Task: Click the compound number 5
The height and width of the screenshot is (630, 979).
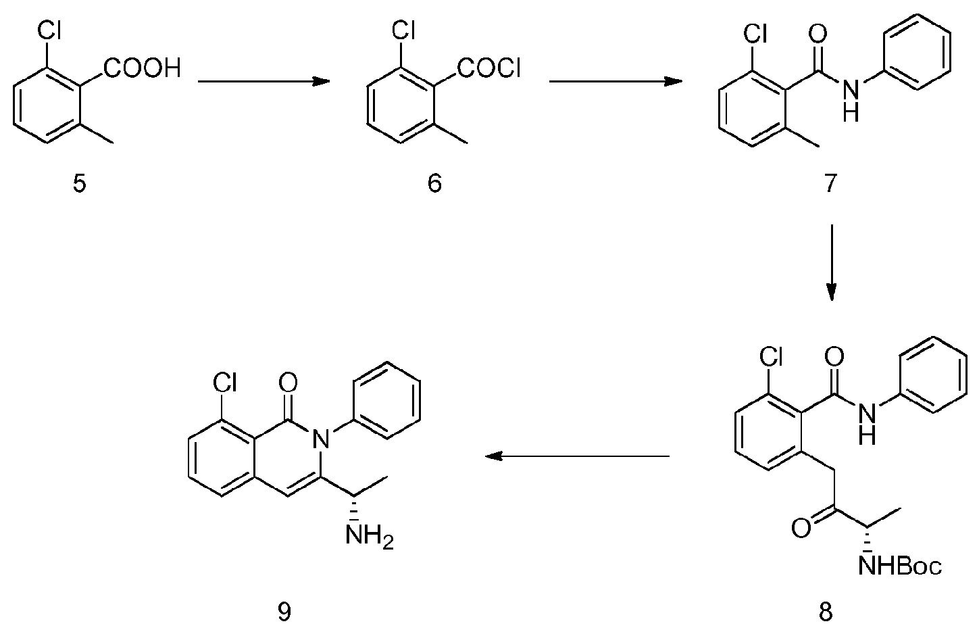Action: (x=80, y=184)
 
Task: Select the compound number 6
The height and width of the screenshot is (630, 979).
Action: (x=434, y=184)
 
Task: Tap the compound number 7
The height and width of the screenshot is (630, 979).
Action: (x=830, y=184)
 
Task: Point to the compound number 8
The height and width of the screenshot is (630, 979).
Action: (x=826, y=612)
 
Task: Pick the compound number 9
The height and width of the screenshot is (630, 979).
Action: (x=284, y=612)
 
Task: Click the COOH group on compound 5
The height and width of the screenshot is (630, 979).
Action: (x=143, y=68)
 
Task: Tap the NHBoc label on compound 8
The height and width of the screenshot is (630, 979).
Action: (x=900, y=565)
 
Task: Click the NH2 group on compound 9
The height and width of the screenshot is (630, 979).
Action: (x=369, y=537)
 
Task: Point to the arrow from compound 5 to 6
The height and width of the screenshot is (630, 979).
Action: (x=263, y=82)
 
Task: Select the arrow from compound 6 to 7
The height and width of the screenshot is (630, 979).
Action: (x=615, y=82)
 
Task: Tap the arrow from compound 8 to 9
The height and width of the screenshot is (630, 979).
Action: (x=578, y=456)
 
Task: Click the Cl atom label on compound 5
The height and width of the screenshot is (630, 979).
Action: (x=49, y=30)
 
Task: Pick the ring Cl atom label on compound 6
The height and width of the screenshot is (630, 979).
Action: (x=403, y=30)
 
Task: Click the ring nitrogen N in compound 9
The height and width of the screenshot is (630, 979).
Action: (x=323, y=441)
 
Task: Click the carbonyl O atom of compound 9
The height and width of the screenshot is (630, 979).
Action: (x=288, y=384)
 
